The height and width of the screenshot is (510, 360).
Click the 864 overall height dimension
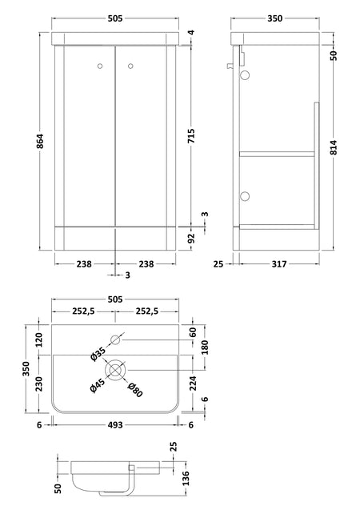coord(40,141)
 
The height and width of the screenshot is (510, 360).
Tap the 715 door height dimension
coord(191,136)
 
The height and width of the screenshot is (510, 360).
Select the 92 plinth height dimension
coord(191,239)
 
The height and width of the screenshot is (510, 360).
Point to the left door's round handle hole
coord(100,66)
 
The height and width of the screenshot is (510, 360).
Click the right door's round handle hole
coord(130,66)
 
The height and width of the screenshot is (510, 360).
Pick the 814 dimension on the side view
coord(334,147)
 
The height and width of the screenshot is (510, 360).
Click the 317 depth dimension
coord(278,263)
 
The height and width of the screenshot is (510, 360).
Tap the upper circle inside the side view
coord(245,75)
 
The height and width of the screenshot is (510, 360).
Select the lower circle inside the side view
coord(245,196)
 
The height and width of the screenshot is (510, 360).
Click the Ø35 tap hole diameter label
coord(98,354)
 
